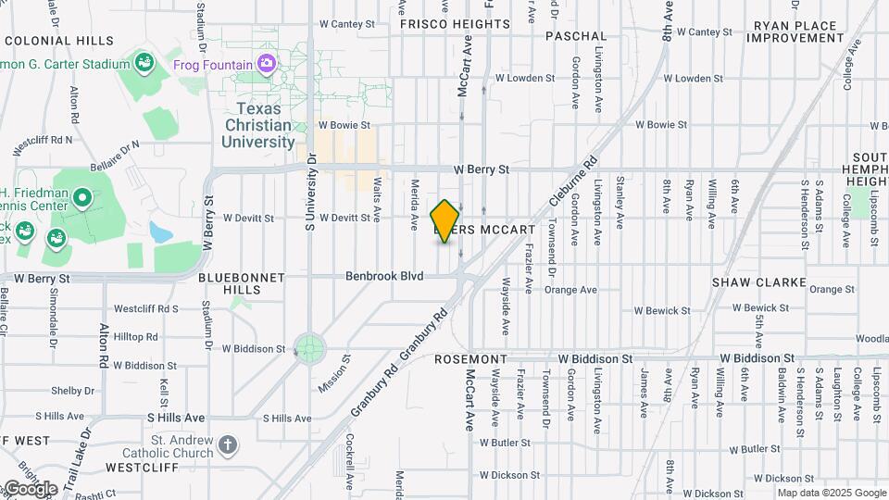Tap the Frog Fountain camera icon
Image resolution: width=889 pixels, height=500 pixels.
267,64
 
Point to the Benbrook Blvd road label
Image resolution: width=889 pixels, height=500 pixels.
384,276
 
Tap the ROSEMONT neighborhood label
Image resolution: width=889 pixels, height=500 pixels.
472,359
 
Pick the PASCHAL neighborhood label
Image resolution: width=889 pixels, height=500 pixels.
575,35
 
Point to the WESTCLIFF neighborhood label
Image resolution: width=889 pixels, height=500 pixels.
141,467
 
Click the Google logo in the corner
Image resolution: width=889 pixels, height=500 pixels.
30,489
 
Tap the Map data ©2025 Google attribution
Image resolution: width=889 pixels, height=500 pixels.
830,493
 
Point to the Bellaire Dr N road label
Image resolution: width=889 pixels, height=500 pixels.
115,156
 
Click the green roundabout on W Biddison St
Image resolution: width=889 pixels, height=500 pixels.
310,349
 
